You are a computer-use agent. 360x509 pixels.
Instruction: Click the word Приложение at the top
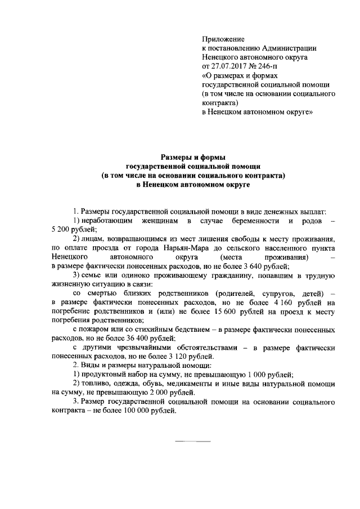click(223, 39)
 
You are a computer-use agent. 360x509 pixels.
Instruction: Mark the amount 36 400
click(132, 339)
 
